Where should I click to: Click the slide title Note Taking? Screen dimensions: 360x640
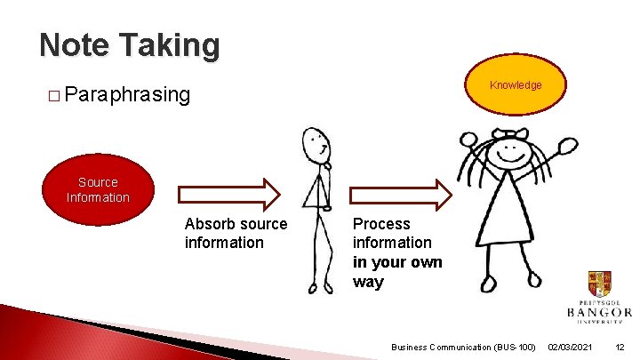129,45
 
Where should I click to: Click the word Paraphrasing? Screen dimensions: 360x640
127,94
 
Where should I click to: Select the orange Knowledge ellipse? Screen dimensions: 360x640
516,85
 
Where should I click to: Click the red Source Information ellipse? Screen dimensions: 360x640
98,189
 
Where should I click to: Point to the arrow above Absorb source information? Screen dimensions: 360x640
229,194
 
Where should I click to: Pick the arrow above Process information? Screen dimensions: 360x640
400,194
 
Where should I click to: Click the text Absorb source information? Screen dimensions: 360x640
236,233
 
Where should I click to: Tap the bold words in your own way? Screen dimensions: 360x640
396,272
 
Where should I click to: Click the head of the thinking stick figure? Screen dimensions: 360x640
316,143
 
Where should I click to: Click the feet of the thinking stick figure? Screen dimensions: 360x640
320,286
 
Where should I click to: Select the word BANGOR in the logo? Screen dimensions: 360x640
599,312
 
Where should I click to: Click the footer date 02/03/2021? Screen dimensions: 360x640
572,346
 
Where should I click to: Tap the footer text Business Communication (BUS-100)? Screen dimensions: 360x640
463,346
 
